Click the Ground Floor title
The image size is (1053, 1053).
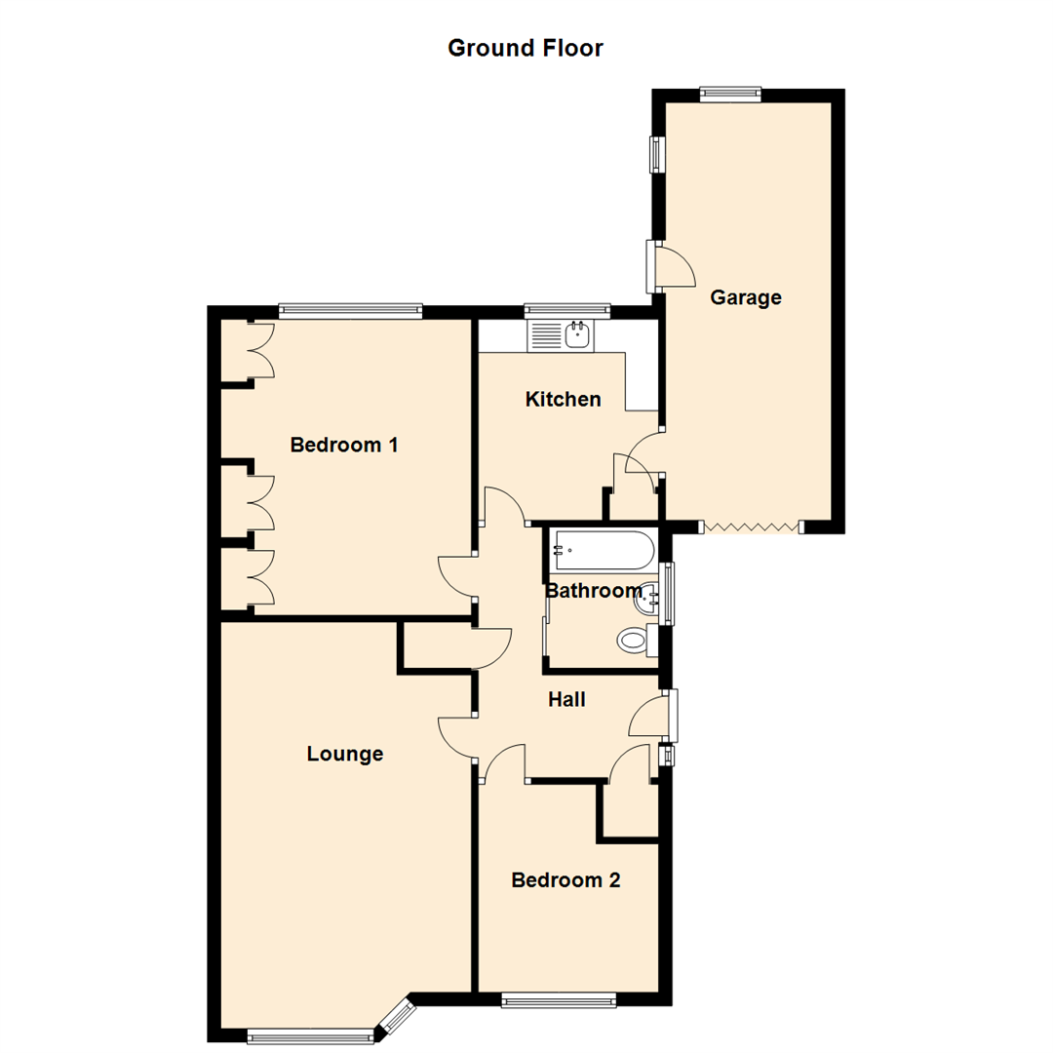click(526, 48)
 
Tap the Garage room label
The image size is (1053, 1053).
click(746, 297)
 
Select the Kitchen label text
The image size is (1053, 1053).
click(563, 399)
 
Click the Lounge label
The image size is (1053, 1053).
click(345, 754)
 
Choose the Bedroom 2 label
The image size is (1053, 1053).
click(566, 880)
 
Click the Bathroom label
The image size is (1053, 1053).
click(593, 591)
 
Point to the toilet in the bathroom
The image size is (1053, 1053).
click(634, 641)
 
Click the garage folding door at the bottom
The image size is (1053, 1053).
click(752, 527)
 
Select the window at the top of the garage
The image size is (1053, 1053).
click(730, 94)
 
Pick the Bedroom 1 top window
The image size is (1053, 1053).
click(350, 311)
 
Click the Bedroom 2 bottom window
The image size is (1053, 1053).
click(559, 998)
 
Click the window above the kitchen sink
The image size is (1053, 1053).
click(567, 311)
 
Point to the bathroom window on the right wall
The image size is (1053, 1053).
click(668, 592)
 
